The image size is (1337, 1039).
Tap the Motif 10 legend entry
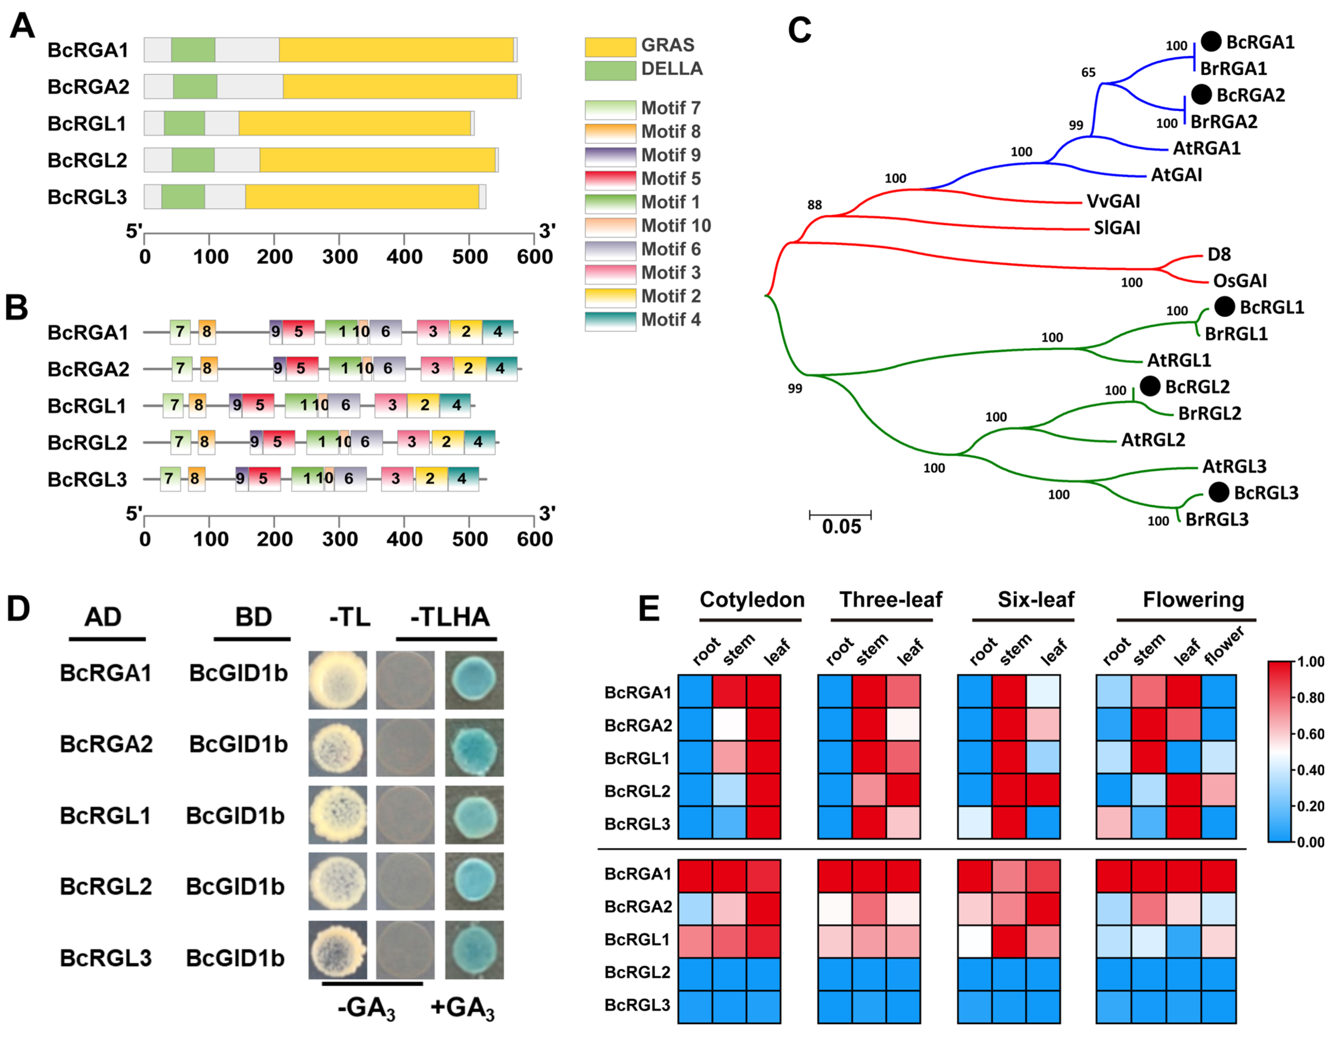[x=648, y=226]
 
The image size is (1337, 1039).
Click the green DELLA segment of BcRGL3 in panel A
[x=183, y=197]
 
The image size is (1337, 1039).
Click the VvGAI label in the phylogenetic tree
[x=1113, y=201]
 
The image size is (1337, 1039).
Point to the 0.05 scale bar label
[x=841, y=526]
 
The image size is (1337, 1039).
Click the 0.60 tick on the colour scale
[x=1310, y=734]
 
